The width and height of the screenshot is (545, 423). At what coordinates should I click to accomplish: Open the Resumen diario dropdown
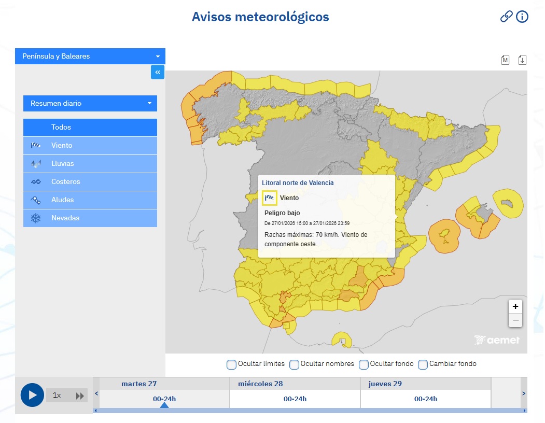pyautogui.click(x=90, y=103)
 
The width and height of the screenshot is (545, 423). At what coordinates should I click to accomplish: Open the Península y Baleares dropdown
pyautogui.click(x=90, y=57)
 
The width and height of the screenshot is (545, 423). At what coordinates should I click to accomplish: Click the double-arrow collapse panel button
pyautogui.click(x=158, y=72)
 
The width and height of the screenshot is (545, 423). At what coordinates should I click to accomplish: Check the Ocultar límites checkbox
pyautogui.click(x=232, y=364)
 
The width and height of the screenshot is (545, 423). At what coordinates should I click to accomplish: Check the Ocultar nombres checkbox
pyautogui.click(x=295, y=364)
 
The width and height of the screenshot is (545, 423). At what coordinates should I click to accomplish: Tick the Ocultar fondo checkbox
pyautogui.click(x=364, y=364)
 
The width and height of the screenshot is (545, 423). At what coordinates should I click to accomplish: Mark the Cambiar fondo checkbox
pyautogui.click(x=423, y=364)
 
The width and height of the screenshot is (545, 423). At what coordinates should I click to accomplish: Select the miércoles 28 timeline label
pyautogui.click(x=260, y=384)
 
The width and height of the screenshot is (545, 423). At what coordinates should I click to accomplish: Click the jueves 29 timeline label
pyautogui.click(x=385, y=384)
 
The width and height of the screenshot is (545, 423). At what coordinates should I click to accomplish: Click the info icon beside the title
pyautogui.click(x=522, y=17)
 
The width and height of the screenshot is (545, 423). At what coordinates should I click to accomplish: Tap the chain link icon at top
pyautogui.click(x=506, y=17)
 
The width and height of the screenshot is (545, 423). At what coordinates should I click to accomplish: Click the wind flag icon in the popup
pyautogui.click(x=270, y=198)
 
